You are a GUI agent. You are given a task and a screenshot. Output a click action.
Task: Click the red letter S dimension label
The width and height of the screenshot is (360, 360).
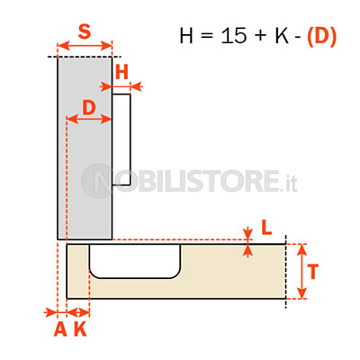[85, 31]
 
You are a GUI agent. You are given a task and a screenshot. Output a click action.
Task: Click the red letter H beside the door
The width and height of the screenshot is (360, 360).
[121, 72]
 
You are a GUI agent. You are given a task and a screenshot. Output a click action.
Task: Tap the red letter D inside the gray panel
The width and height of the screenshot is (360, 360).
[89, 108]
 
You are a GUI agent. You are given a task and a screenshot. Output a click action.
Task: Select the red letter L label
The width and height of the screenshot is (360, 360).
[266, 228]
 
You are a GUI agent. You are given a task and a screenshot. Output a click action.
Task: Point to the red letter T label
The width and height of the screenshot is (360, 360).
[313, 272]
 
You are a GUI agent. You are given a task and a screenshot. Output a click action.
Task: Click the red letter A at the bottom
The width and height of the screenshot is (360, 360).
[60, 329]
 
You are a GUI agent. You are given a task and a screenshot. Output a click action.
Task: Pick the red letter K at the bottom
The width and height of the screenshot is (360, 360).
[80, 329]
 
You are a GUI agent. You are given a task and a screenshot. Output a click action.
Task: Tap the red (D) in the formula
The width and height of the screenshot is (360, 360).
[321, 37]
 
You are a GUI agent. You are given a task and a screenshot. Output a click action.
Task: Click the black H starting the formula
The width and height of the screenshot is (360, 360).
[186, 36]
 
